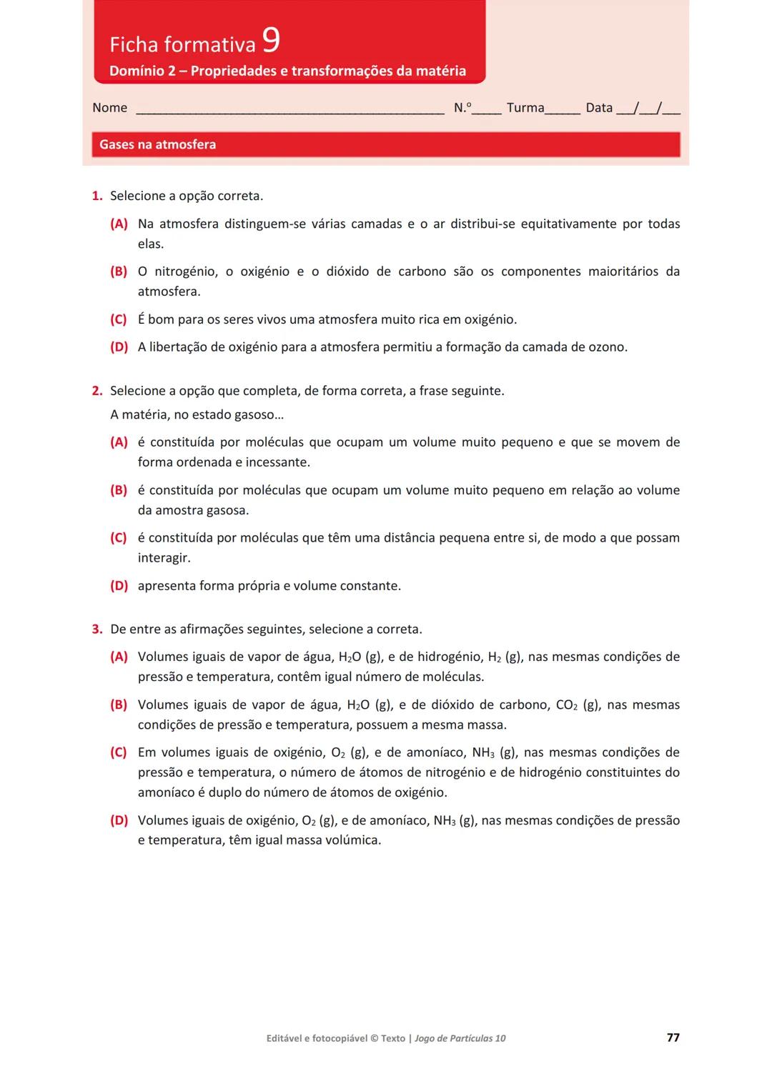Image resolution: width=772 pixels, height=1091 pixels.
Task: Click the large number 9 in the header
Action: pos(271,41)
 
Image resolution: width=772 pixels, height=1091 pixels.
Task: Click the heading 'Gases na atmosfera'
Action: pos(157,144)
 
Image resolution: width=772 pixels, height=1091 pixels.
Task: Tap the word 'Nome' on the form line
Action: pos(109,108)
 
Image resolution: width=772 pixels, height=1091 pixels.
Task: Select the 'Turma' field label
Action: pos(525,108)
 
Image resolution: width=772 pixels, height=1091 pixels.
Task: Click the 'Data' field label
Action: pos(599,108)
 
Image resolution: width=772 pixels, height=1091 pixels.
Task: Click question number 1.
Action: pos(97,196)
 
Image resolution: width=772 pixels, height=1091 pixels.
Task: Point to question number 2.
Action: pos(97,391)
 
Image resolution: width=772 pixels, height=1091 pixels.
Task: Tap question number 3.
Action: pos(97,629)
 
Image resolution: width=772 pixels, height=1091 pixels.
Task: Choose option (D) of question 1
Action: pos(119,347)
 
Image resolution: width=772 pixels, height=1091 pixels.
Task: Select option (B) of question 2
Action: pos(119,490)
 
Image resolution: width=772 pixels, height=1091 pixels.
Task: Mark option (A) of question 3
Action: pos(119,657)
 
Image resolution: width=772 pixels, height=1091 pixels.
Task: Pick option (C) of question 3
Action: pos(119,752)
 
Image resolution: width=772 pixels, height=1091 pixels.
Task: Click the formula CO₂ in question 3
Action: pos(566,705)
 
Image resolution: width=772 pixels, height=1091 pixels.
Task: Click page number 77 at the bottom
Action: pos(673,1037)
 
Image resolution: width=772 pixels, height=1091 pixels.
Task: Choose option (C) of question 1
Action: pos(119,319)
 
